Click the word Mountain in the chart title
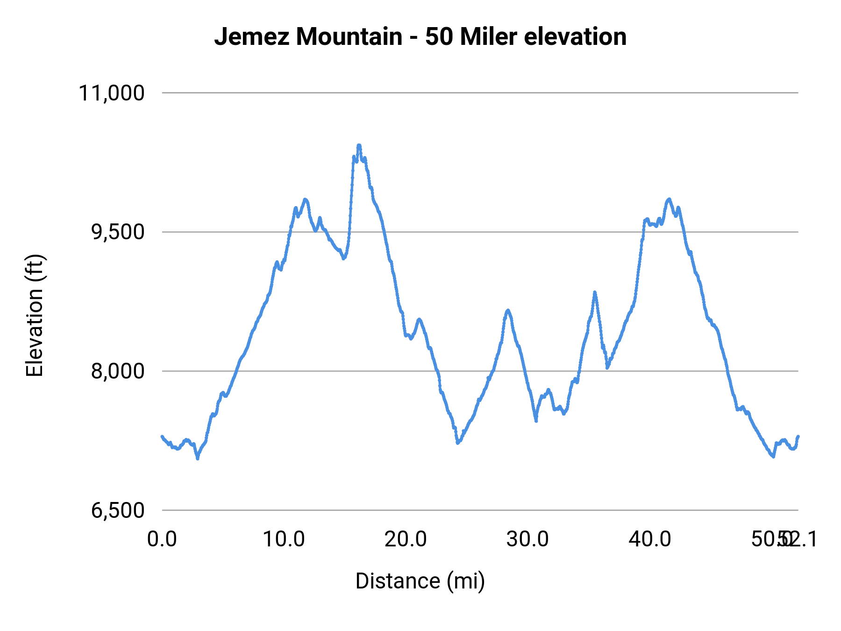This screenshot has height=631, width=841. pyautogui.click(x=349, y=37)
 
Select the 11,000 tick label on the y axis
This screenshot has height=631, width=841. pyautogui.click(x=112, y=93)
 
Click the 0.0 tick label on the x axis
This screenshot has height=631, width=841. pyautogui.click(x=162, y=539)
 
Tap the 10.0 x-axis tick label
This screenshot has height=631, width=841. pyautogui.click(x=284, y=539)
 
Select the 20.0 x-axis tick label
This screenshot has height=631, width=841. pyautogui.click(x=406, y=539)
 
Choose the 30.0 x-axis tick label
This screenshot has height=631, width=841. pyautogui.click(x=527, y=539)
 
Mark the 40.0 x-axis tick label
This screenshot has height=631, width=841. pyautogui.click(x=649, y=539)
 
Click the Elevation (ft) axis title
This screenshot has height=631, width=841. pyautogui.click(x=35, y=315)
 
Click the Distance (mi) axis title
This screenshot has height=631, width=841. pyautogui.click(x=420, y=581)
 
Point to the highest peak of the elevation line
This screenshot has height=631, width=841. pyautogui.click(x=359, y=145)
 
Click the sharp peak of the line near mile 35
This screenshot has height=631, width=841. pyautogui.click(x=594, y=292)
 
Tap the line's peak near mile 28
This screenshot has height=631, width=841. pyautogui.click(x=508, y=310)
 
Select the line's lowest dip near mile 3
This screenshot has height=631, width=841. pyautogui.click(x=198, y=459)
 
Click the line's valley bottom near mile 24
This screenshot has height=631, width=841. pyautogui.click(x=458, y=443)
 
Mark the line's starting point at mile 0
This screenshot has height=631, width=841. pyautogui.click(x=162, y=437)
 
